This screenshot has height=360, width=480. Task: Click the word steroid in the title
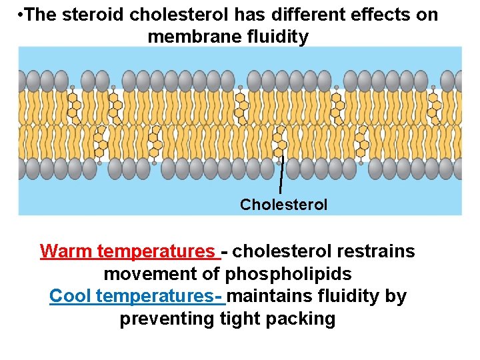[86, 15]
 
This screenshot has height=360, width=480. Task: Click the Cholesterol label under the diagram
[283, 205]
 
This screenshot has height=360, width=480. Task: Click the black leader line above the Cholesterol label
[281, 176]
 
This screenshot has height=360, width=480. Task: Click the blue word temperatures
[160, 296]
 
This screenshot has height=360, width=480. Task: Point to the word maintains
[273, 296]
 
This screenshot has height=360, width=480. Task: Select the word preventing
[167, 319]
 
